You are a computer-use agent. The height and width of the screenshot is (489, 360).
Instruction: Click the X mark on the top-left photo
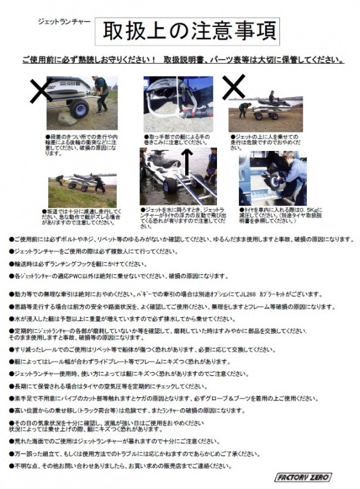click(x=42, y=92)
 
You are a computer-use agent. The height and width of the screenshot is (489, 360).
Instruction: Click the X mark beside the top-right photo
click(x=233, y=88)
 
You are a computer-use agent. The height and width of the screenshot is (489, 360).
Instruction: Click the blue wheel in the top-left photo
click(x=79, y=111)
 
